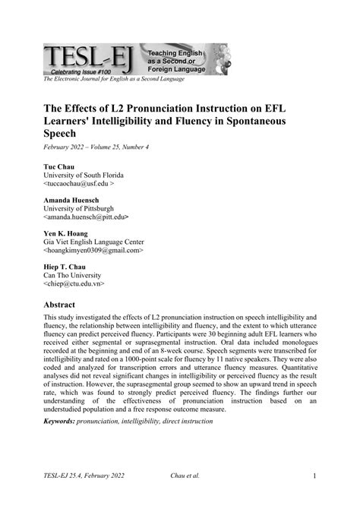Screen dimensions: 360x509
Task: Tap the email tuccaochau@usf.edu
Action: tap(80, 185)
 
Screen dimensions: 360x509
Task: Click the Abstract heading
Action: tap(66, 302)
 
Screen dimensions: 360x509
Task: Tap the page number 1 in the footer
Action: tap(314, 477)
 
